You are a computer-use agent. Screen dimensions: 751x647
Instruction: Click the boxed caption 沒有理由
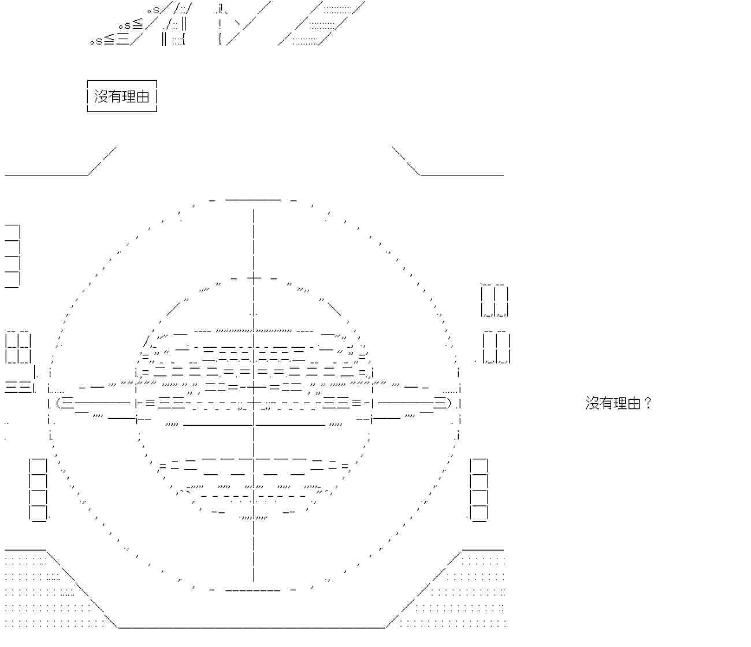(x=122, y=96)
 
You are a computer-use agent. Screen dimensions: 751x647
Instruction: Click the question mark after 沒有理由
(x=648, y=403)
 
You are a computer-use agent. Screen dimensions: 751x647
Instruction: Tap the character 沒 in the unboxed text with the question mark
(x=593, y=403)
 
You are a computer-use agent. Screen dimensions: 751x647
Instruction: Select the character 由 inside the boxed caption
(x=143, y=96)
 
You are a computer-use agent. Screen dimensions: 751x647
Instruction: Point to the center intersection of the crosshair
(x=254, y=403)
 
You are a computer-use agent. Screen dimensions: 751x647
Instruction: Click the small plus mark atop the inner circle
(x=254, y=278)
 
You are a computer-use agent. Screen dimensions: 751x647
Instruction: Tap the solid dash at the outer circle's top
(x=253, y=200)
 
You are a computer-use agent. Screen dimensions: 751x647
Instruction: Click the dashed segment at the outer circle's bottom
(x=253, y=590)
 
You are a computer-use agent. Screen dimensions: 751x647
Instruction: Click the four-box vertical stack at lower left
(x=38, y=489)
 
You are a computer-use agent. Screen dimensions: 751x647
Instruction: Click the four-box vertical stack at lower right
(x=479, y=489)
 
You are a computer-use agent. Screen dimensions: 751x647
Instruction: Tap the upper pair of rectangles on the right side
(x=495, y=300)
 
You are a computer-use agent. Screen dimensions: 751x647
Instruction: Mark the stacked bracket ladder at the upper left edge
(x=13, y=255)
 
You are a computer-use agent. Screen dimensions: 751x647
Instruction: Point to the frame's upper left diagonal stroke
(x=102, y=160)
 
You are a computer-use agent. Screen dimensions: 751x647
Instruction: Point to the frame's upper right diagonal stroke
(x=406, y=160)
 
